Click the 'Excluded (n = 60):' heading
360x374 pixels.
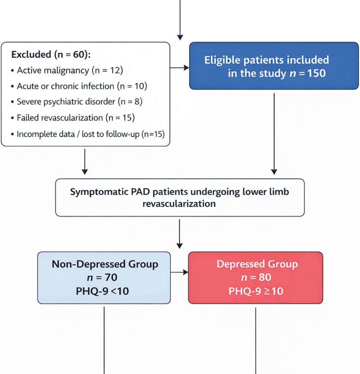point(51,55)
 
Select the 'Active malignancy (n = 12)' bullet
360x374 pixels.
point(70,70)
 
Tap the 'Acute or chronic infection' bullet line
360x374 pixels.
point(81,86)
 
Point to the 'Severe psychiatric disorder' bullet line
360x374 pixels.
point(79,102)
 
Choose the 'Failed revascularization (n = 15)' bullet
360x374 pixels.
point(76,118)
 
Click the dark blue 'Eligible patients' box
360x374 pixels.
point(274,66)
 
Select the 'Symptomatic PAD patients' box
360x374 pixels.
point(180,197)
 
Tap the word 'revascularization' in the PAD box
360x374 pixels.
point(179,203)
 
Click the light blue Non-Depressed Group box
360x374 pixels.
point(104,278)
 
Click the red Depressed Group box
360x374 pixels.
point(256,278)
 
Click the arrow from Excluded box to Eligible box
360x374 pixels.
point(180,68)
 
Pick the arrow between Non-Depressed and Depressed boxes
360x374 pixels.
point(179,272)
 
